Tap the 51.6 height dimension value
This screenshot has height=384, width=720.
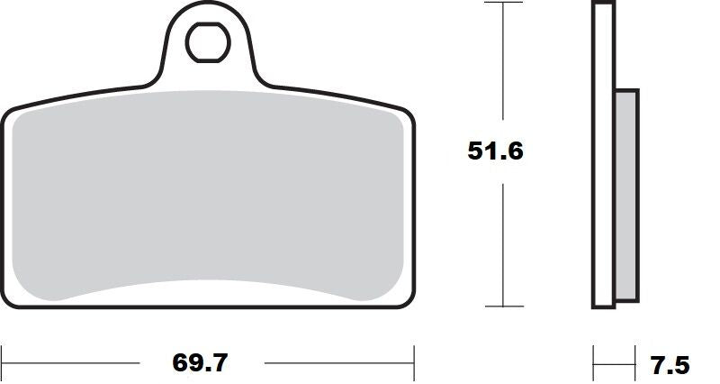[494, 151]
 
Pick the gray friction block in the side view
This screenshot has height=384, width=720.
[626, 194]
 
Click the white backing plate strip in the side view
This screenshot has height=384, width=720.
[603, 153]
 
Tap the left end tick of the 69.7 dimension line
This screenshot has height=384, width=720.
[2, 363]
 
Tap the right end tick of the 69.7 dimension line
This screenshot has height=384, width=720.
[414, 363]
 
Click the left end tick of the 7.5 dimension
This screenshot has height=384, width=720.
[593, 364]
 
